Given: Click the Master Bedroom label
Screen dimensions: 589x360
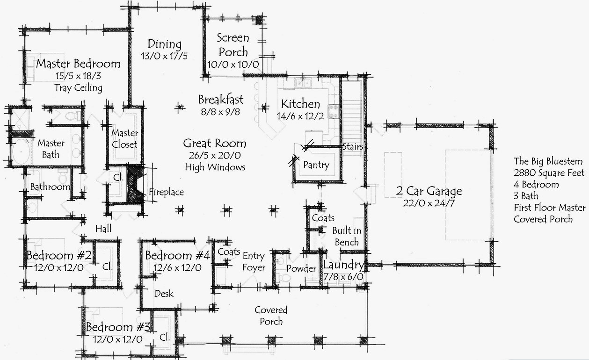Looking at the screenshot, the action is click(x=78, y=64).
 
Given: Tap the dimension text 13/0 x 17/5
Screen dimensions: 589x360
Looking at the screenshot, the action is click(x=164, y=56).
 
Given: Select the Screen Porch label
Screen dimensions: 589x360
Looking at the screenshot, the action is click(x=233, y=45).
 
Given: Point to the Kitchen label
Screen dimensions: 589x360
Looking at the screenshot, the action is click(x=300, y=104).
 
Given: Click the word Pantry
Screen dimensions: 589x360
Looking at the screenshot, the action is click(x=316, y=165).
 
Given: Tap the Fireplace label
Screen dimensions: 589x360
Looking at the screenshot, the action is click(x=166, y=192).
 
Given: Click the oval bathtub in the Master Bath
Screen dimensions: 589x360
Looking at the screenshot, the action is click(x=21, y=152).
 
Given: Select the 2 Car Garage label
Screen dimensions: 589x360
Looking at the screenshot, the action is click(x=429, y=191).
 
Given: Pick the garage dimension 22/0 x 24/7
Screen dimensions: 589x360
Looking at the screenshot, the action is click(x=429, y=203).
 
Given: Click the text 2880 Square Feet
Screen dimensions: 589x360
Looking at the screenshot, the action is click(x=549, y=173).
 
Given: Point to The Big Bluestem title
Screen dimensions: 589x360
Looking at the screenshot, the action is click(x=548, y=161).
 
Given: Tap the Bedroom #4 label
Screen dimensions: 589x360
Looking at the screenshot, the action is click(x=177, y=255).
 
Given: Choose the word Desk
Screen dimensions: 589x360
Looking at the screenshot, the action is click(x=164, y=294).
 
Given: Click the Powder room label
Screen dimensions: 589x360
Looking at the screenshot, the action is click(x=301, y=268).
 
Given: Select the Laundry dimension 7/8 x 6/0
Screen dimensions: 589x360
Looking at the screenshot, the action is click(x=343, y=277).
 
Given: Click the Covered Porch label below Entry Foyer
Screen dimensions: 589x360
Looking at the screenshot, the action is click(x=271, y=316).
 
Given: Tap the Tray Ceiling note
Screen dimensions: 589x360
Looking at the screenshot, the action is click(x=78, y=88).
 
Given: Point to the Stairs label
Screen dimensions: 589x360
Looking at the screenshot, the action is click(x=353, y=147).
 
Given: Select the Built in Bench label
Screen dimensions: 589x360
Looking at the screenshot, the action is click(x=347, y=236).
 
